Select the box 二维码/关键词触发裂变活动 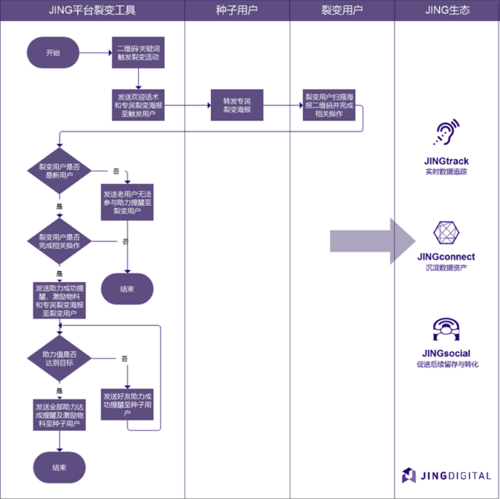(138, 53)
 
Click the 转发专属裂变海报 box (236, 105)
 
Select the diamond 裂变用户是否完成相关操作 (60, 241)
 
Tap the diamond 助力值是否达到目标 (60, 358)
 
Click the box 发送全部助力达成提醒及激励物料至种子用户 (60, 415)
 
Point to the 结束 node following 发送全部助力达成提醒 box (60, 467)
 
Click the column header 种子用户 (236, 11)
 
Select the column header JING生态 (447, 11)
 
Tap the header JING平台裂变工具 (92, 11)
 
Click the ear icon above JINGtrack (446, 134)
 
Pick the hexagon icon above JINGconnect (446, 233)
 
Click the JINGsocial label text (446, 352)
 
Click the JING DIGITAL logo (446, 475)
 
